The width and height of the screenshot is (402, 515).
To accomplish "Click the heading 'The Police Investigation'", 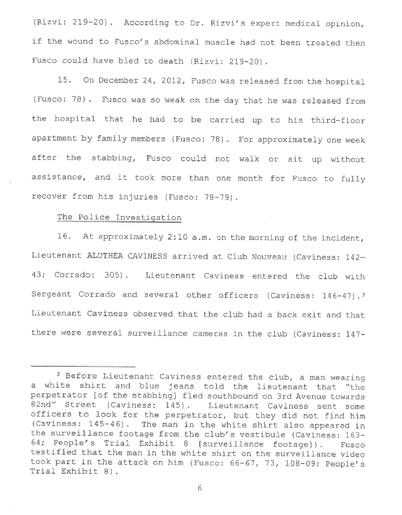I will tap(119, 217).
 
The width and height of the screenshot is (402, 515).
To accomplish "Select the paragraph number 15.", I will tap(69, 81).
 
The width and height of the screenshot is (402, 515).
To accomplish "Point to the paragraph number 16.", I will tap(69, 237).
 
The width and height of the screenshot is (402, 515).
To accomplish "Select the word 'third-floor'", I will tap(336, 120).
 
